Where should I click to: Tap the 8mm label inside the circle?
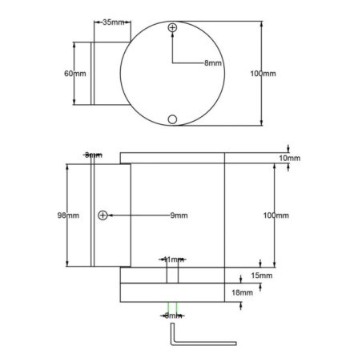click(213, 62)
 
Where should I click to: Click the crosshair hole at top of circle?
click(172, 29)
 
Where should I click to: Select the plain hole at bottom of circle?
click(172, 119)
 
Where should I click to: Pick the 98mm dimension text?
click(67, 215)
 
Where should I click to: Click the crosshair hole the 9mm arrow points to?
click(103, 215)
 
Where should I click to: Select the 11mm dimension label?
click(172, 259)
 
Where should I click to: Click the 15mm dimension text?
click(261, 276)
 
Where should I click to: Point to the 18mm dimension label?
click(242, 293)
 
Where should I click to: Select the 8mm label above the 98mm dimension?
click(94, 155)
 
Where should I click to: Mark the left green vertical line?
click(167, 307)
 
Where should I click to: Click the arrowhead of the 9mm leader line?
click(110, 215)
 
